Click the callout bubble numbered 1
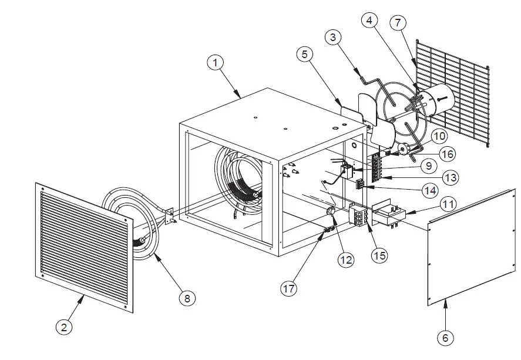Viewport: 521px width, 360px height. click(x=217, y=61)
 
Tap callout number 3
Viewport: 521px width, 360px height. click(x=333, y=38)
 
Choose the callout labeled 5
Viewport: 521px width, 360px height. click(x=305, y=55)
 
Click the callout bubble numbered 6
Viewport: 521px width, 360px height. click(x=445, y=337)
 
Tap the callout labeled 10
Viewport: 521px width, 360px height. click(x=438, y=137)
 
